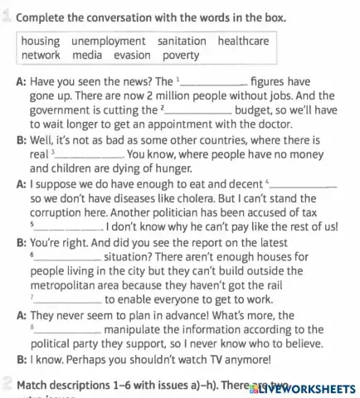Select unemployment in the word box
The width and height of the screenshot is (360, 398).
[108, 41]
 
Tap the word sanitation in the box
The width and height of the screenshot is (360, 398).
[181, 41]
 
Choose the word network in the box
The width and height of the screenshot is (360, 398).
[41, 55]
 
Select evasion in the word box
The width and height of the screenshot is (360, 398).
[133, 55]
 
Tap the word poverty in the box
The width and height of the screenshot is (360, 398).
[181, 55]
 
